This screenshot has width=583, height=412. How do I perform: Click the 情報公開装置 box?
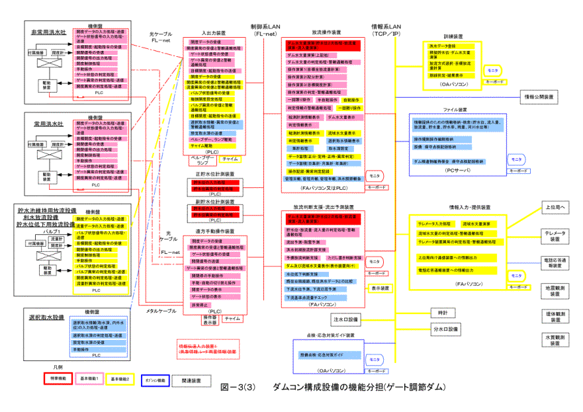pos(541,97)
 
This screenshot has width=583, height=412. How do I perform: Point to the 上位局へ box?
pos(554,206)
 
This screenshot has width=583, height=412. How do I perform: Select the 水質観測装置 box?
pos(555,340)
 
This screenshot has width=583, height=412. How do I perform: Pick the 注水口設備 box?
pos(345,319)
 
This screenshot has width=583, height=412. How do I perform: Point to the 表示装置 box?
pos(380,288)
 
